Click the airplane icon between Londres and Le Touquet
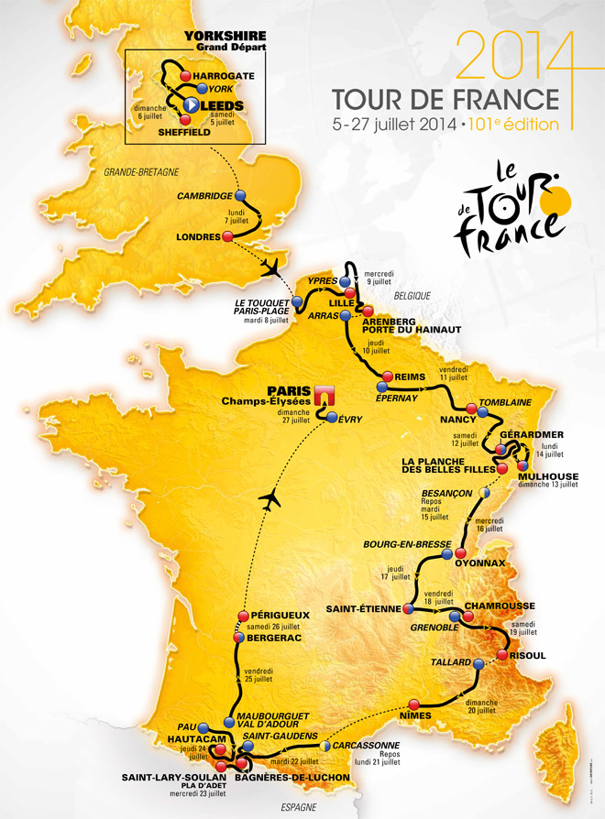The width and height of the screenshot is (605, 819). point(269,267)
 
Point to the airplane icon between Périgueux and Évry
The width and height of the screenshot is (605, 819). point(269,500)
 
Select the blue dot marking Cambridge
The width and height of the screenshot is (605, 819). point(240,196)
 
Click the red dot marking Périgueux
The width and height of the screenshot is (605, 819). point(243,616)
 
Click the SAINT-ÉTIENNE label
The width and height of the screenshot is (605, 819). point(363,609)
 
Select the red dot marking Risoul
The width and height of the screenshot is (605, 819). point(502,655)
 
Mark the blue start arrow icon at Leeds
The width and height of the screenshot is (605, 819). point(189,105)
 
